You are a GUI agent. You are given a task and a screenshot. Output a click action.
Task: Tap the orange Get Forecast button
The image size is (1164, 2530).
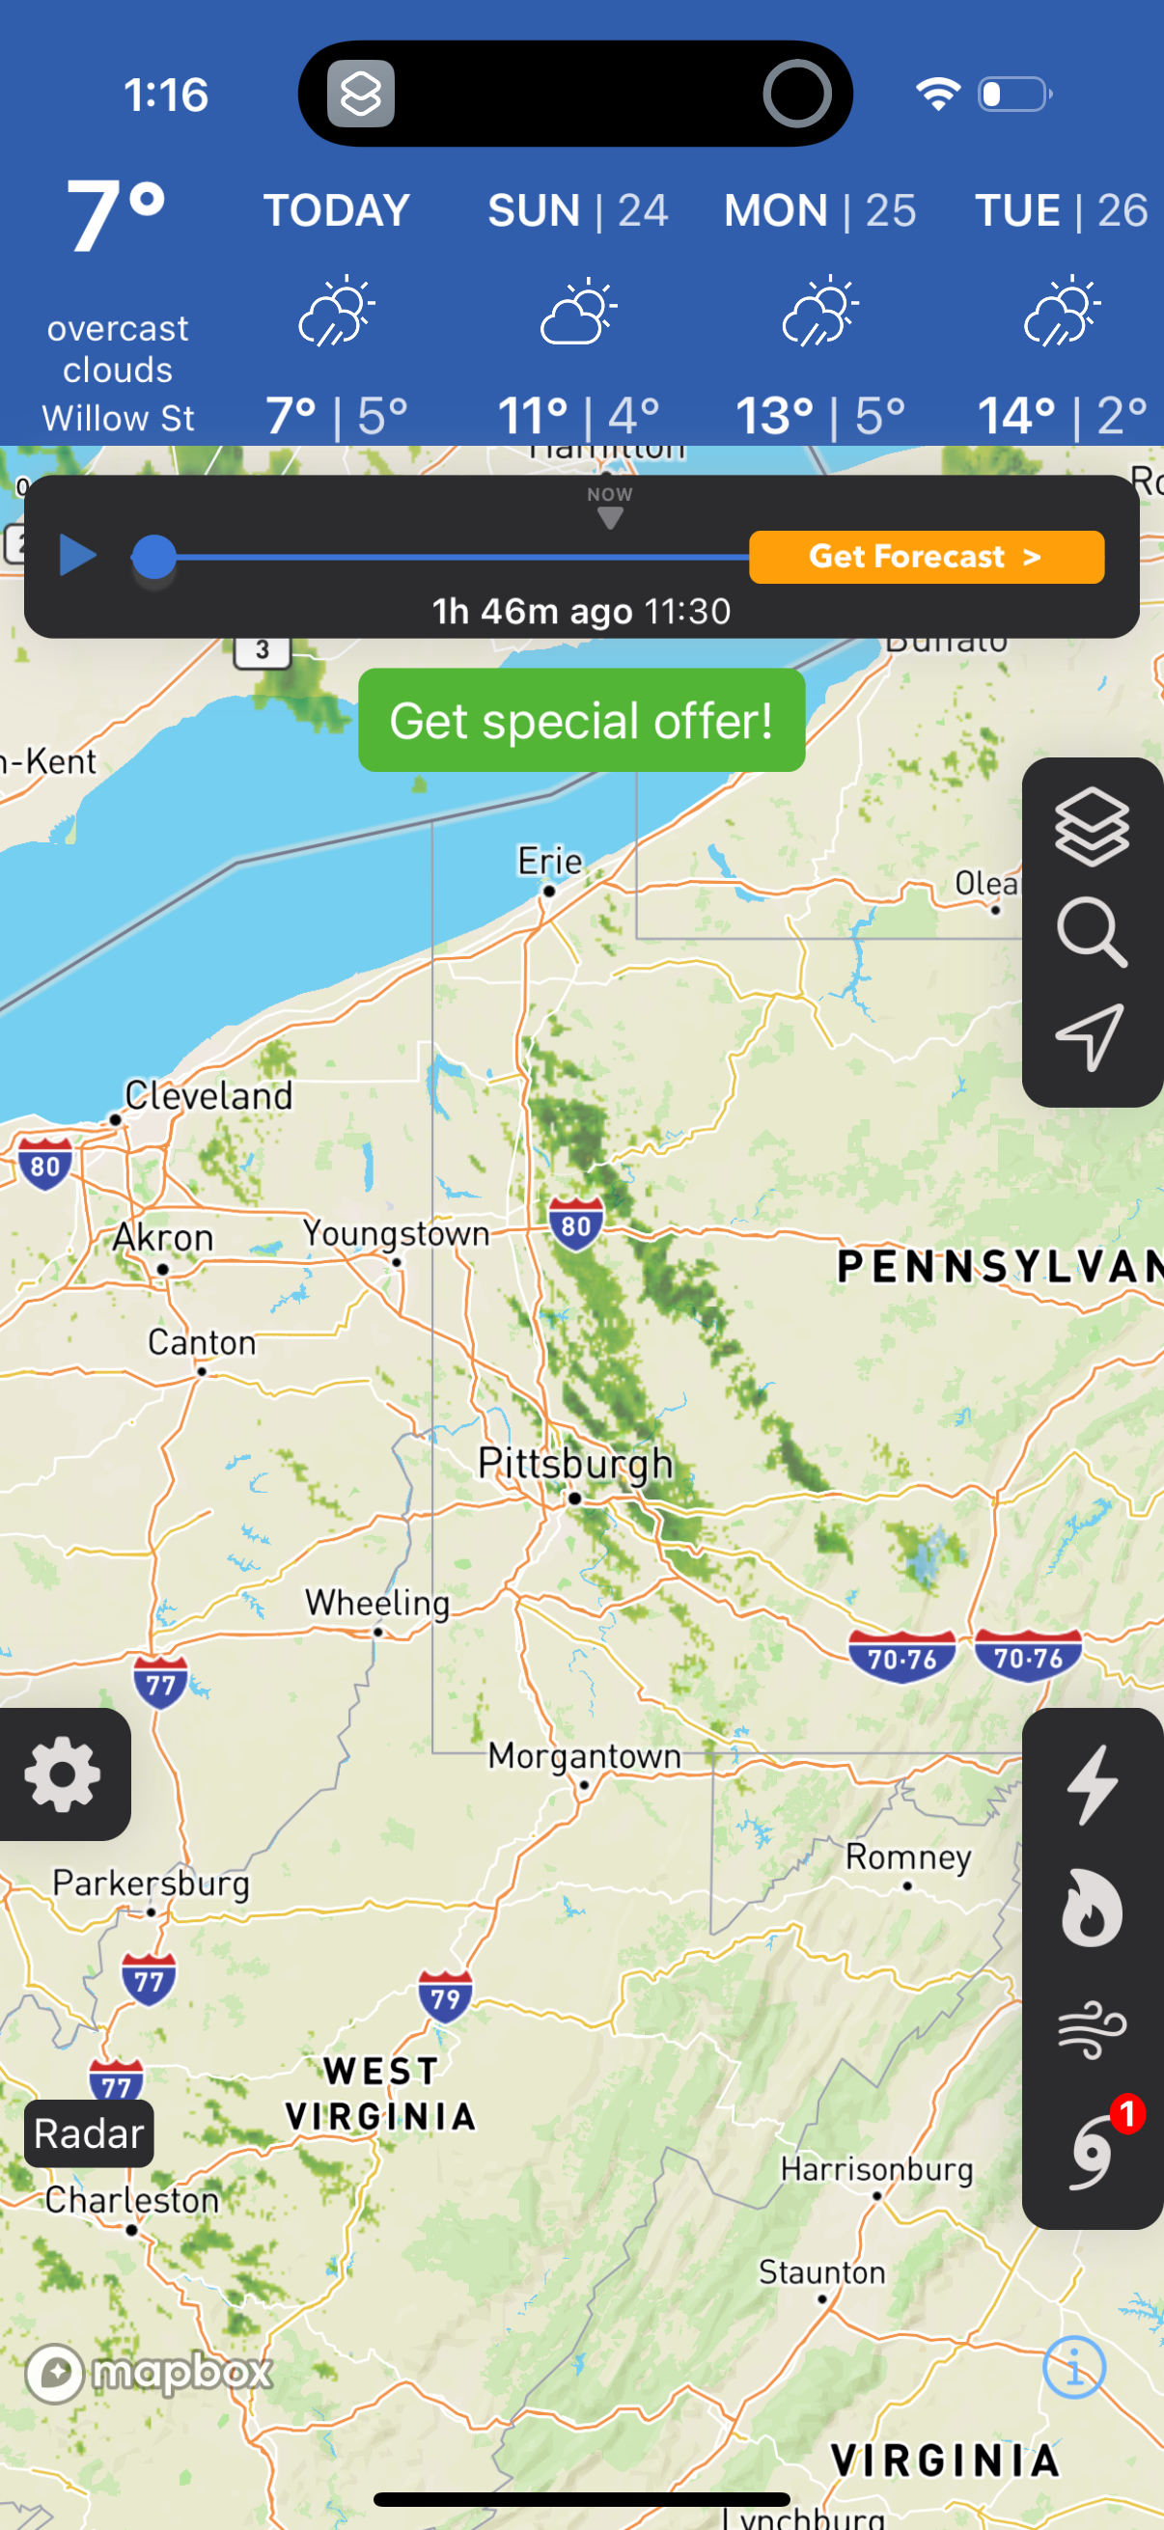(926, 557)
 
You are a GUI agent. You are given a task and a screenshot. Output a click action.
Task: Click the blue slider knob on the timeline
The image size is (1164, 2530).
(154, 557)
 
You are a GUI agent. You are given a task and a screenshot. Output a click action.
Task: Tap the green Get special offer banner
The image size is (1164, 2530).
(581, 720)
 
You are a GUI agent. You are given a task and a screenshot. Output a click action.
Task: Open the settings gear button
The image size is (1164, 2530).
(63, 1774)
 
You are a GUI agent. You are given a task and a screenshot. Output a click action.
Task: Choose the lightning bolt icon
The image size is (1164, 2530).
(1093, 1784)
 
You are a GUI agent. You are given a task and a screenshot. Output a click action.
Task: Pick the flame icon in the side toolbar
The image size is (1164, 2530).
(1092, 1908)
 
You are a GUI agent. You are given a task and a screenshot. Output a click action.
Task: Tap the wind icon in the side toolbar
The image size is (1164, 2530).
(1092, 2029)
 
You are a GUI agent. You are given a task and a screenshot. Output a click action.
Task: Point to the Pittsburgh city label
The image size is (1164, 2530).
(574, 1464)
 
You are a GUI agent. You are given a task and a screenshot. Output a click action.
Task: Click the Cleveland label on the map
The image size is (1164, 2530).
(208, 1095)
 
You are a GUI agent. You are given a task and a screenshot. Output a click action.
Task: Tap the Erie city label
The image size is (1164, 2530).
(550, 862)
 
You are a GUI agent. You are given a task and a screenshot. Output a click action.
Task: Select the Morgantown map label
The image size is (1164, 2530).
(585, 1755)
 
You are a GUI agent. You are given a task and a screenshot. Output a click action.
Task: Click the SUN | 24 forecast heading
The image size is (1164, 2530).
(577, 210)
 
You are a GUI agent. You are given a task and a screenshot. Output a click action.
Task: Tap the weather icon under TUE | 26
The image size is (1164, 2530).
(1061, 312)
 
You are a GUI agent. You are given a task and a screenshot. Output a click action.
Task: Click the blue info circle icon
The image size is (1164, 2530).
(1073, 2366)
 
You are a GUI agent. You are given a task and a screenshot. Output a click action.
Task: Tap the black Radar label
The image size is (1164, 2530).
(89, 2133)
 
